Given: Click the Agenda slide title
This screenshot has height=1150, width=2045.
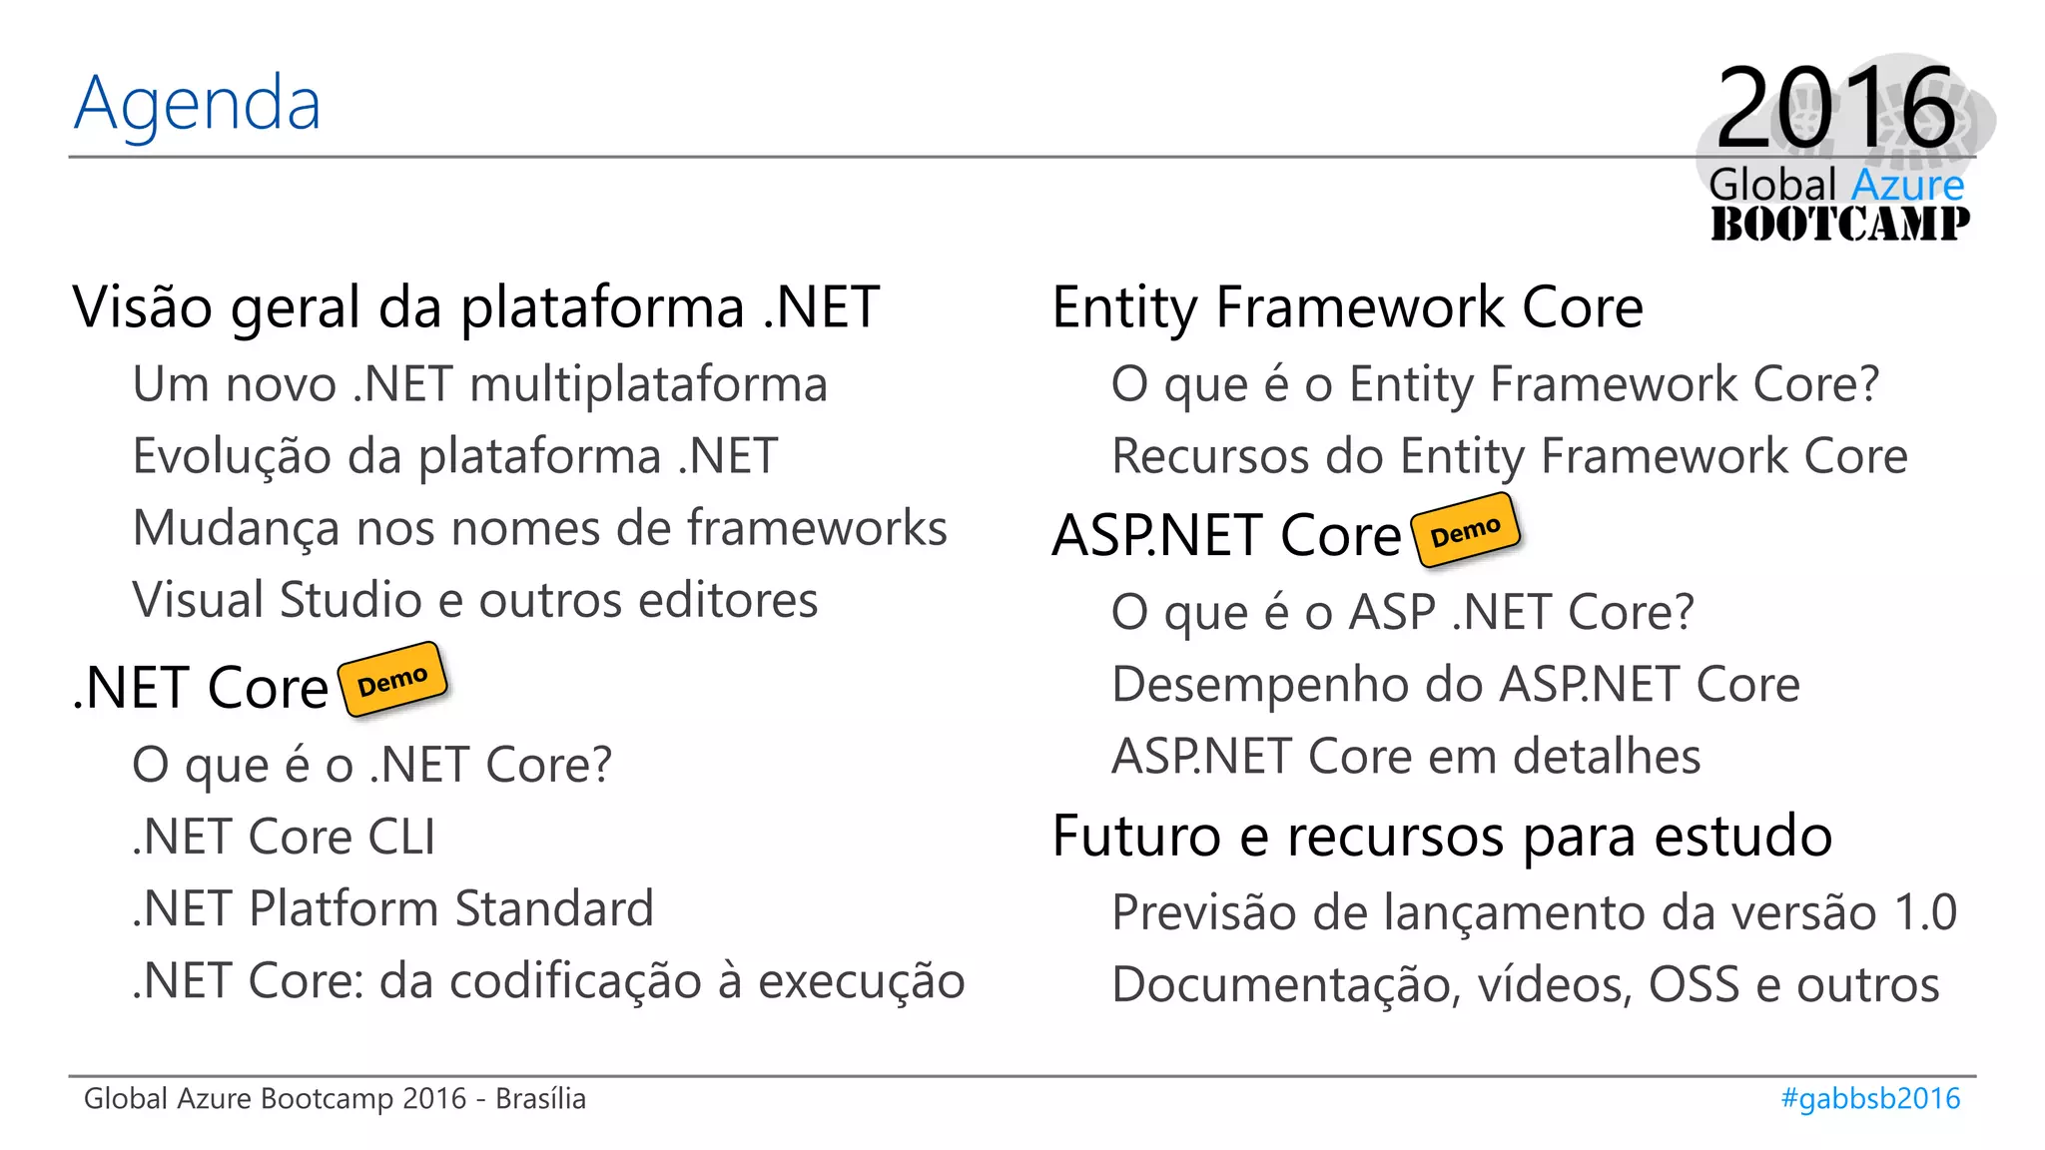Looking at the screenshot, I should pyautogui.click(x=198, y=104).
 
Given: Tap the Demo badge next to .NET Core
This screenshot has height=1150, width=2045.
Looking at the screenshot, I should pyautogui.click(x=392, y=680).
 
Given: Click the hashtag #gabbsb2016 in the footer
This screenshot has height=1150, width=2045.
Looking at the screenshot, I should pyautogui.click(x=1870, y=1098).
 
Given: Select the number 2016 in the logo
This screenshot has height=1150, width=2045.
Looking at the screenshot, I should pyautogui.click(x=1836, y=107).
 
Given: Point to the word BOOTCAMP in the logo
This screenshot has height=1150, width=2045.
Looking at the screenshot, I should pyautogui.click(x=1840, y=224).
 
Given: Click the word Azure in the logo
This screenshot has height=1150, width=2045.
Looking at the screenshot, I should pyautogui.click(x=1907, y=185).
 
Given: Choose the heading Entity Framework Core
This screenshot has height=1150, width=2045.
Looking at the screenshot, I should pyautogui.click(x=1347, y=306).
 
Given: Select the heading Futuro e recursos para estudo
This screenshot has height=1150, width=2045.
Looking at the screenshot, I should pyautogui.click(x=1442, y=836).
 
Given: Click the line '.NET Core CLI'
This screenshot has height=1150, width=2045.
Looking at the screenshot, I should pyautogui.click(x=285, y=837).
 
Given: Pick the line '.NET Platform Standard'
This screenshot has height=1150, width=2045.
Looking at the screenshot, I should pyautogui.click(x=393, y=908).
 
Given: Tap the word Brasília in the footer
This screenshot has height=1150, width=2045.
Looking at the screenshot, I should pyautogui.click(x=540, y=1098).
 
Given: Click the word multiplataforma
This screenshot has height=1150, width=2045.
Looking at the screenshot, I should pyautogui.click(x=648, y=384).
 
